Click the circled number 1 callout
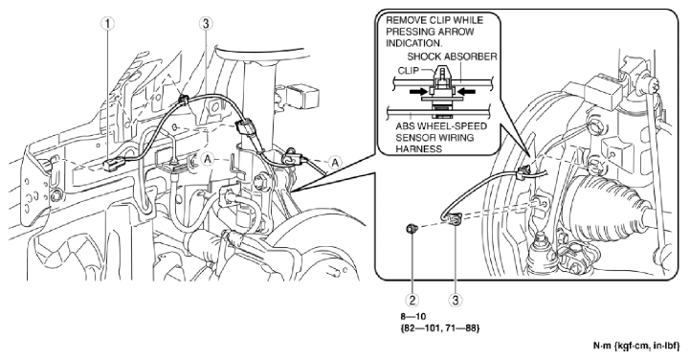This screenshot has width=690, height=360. [x=107, y=24]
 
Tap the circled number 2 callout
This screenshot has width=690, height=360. [x=412, y=300]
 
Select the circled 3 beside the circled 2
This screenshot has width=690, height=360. [x=455, y=300]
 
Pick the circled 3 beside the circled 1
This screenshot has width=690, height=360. [x=205, y=24]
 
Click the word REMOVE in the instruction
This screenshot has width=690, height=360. [x=406, y=20]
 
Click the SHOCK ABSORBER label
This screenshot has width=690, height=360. [x=452, y=56]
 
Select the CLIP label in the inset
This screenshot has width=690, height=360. [x=408, y=71]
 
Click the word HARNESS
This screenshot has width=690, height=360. [x=412, y=149]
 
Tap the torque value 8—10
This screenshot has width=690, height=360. [x=412, y=316]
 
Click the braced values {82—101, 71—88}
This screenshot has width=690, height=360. [x=439, y=327]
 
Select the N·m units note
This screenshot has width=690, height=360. [x=636, y=347]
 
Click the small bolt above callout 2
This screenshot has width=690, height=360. [x=412, y=229]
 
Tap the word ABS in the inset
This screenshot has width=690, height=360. [x=404, y=126]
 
